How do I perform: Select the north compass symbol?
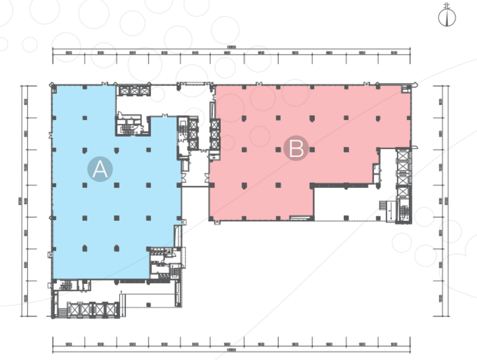coord(447,17)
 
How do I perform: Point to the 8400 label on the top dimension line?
coord(195,53)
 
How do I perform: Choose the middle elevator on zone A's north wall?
coord(133,91)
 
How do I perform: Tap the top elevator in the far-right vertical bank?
coord(402,155)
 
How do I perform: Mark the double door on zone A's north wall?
coord(105,83)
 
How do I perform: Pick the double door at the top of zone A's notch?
coord(165,115)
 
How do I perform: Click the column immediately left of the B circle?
coord(277,150)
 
